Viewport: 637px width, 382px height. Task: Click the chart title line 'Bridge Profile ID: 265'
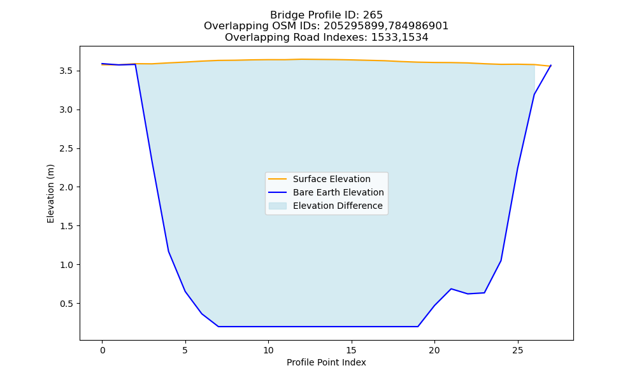tap(326, 15)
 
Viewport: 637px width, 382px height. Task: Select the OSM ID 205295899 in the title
tap(353, 26)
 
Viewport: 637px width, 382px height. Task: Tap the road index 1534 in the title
tap(415, 38)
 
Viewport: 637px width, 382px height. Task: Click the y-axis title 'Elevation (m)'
tap(50, 194)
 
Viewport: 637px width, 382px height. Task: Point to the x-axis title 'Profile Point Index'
tap(326, 362)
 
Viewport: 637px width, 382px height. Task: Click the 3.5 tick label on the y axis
tap(66, 71)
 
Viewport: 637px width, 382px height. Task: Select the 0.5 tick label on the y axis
tap(66, 304)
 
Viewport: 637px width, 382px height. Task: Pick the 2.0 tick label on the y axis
tap(66, 187)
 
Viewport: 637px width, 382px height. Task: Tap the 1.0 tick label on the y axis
tap(66, 265)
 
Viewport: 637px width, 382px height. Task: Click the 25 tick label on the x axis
tap(517, 350)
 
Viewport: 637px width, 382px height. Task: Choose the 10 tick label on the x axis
tap(268, 350)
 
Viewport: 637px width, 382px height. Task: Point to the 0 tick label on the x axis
tap(102, 350)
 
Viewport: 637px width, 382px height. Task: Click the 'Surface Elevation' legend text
tap(331, 179)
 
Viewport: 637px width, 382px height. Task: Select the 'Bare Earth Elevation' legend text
tap(338, 192)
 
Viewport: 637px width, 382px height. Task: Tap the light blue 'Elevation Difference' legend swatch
tap(278, 206)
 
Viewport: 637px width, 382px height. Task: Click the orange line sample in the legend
tap(278, 179)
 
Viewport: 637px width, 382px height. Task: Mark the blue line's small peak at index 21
tap(451, 288)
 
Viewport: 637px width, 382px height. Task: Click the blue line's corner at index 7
tap(218, 327)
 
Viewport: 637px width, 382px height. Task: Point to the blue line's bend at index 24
tap(501, 260)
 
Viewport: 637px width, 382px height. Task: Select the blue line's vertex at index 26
tap(534, 95)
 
